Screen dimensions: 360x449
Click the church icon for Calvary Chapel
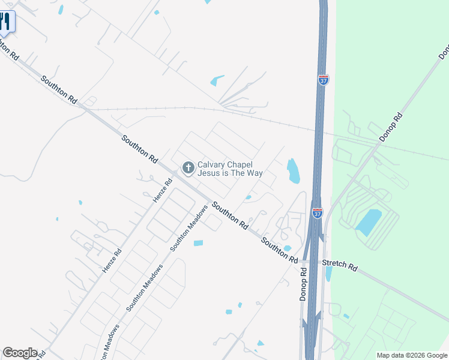[188, 167]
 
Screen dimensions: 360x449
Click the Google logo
[20, 353]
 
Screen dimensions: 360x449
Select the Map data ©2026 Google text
[412, 355]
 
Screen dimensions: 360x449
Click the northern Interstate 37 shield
[323, 80]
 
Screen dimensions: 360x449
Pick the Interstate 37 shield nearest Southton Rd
[318, 212]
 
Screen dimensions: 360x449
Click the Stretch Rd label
[340, 265]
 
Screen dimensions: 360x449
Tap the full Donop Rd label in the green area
[391, 127]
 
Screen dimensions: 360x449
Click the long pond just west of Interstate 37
[293, 170]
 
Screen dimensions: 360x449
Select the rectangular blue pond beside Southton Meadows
[198, 243]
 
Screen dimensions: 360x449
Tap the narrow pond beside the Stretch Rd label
[328, 274]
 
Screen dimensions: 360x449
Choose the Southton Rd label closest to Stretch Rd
[280, 249]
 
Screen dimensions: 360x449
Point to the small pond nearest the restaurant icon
[61, 10]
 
